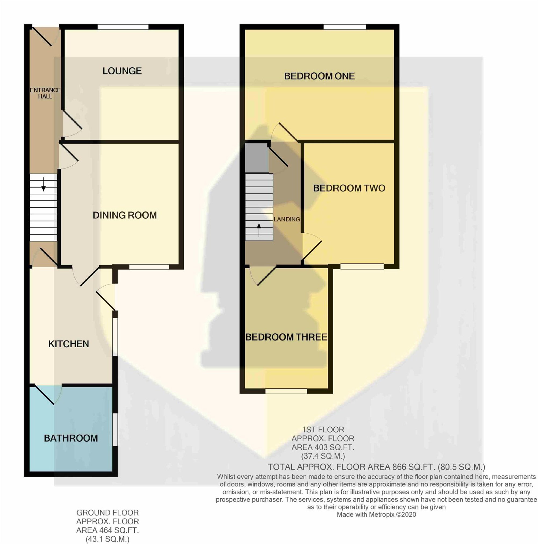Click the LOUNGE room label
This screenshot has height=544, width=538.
122,71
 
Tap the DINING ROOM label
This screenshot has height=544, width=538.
125,215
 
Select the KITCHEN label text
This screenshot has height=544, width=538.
68,344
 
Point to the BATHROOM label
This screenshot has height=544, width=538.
71,438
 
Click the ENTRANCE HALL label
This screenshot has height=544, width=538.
45,93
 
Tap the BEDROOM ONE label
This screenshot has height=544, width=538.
319,76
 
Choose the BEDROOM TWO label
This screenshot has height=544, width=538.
349,188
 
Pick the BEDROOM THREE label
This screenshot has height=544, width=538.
286,337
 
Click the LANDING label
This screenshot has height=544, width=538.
287,219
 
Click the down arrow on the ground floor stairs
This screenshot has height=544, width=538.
43,185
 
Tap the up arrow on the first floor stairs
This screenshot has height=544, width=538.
259,230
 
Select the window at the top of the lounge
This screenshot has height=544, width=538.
123,27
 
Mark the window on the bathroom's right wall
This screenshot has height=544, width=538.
115,429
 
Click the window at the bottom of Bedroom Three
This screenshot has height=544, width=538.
286,391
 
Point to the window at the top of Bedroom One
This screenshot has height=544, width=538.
345,27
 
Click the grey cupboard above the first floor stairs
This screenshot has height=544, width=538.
257,158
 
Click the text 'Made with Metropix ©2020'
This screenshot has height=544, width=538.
376,515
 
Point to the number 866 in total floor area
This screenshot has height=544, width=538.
399,467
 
